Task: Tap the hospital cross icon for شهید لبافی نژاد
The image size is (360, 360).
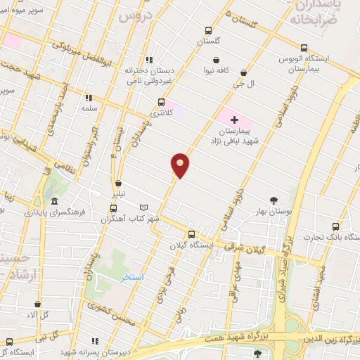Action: coord(234,120)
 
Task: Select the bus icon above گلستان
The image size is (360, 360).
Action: coord(207,30)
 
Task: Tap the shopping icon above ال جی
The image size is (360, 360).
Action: coord(243,72)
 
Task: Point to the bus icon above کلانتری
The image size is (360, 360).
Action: coord(161,103)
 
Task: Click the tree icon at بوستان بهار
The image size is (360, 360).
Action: coord(274,200)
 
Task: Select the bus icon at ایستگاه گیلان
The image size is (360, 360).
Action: coord(191,235)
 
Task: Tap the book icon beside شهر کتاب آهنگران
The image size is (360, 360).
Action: coord(143,208)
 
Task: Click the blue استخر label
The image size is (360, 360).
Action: coord(131,277)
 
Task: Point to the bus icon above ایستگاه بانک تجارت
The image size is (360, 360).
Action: coord(335,226)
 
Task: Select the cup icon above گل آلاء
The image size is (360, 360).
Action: coord(37,304)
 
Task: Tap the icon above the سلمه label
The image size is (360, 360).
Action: coord(89,98)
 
